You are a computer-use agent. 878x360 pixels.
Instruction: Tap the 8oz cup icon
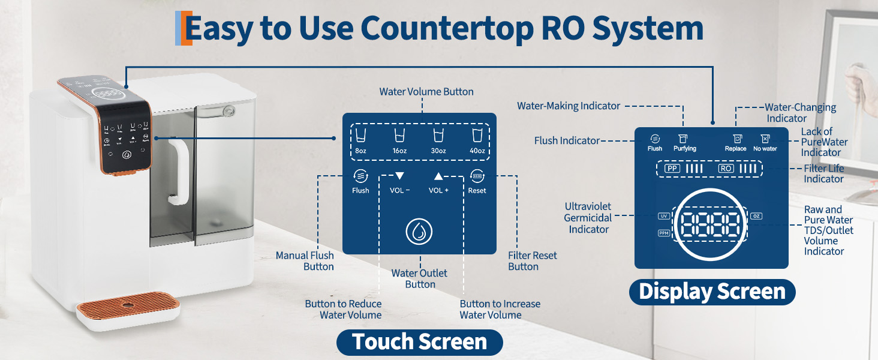coord(360,135)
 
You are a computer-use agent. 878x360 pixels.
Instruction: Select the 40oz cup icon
coord(477,135)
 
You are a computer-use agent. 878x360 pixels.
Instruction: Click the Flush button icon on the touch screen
coord(360,176)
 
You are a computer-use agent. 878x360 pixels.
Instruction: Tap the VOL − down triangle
coord(399,176)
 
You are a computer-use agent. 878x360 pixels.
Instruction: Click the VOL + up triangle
coord(438,176)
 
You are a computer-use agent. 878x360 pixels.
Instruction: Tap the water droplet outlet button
coord(419,232)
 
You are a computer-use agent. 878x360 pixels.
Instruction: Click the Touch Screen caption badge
coord(419,342)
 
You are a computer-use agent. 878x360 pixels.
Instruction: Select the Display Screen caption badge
coord(712,292)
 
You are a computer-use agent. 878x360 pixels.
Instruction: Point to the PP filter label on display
coord(672,169)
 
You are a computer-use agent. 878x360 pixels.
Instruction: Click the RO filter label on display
coord(726,169)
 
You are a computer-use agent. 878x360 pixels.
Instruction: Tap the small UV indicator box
coord(664,216)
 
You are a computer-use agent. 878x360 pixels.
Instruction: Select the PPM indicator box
coord(664,233)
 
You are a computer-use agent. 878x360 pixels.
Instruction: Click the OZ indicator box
coord(756,216)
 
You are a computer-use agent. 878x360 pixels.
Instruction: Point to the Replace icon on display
coord(735,139)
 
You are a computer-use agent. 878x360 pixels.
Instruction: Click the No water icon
coord(765,139)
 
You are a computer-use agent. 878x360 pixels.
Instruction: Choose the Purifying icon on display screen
coord(684,139)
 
